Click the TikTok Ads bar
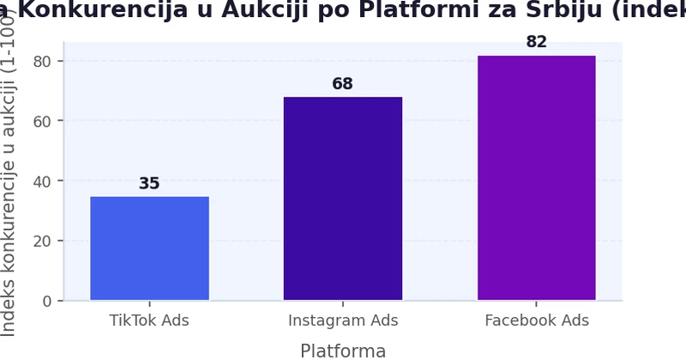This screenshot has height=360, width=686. tap(149, 249)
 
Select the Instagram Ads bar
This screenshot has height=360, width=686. tap(343, 199)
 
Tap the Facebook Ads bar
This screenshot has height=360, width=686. tap(537, 178)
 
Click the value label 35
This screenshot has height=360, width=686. tap(149, 183)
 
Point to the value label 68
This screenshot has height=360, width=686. tap(343, 84)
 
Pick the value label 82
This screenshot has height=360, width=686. tap(537, 42)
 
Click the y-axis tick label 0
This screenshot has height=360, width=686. tap(47, 301)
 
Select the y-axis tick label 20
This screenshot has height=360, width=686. tap(43, 241)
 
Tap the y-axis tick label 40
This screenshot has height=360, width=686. tap(43, 181)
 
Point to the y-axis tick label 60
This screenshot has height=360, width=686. tap(43, 121)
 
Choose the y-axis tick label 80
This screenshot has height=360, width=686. tap(43, 61)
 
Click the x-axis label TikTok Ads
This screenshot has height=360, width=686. tap(149, 321)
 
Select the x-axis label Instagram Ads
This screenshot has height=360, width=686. tap(343, 321)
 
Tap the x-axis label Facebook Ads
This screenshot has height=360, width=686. tap(537, 321)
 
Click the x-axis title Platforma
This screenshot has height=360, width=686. tap(343, 351)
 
